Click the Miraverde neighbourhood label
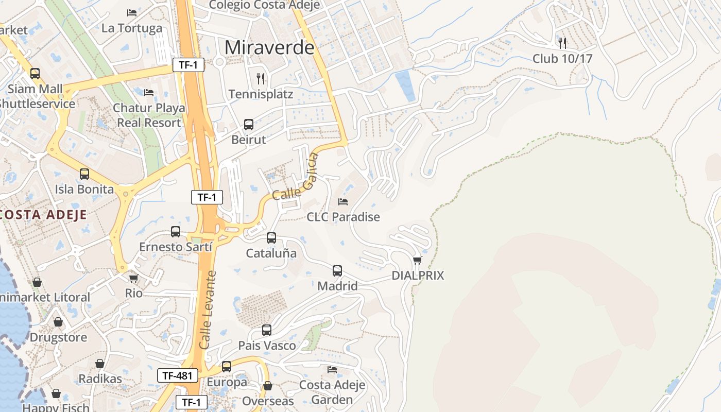tap(269, 47)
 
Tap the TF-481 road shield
tap(178, 376)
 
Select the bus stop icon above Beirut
tap(249, 125)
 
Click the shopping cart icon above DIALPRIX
tap(418, 260)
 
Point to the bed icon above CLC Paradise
tap(343, 201)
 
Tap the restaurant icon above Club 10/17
tap(562, 43)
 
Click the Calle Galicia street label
tap(296, 178)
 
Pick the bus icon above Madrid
tap(337, 271)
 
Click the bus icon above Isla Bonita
tap(84, 174)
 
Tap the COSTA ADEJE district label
tap(44, 215)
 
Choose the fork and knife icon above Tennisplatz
tap(261, 79)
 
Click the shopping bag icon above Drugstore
tap(58, 322)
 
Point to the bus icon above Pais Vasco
tap(267, 330)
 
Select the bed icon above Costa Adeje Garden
tap(332, 370)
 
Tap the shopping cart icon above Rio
tap(134, 279)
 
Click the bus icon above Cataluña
tap(271, 238)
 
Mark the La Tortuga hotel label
tap(132, 28)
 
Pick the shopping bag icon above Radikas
tap(100, 364)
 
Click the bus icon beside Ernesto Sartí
tap(176, 232)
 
